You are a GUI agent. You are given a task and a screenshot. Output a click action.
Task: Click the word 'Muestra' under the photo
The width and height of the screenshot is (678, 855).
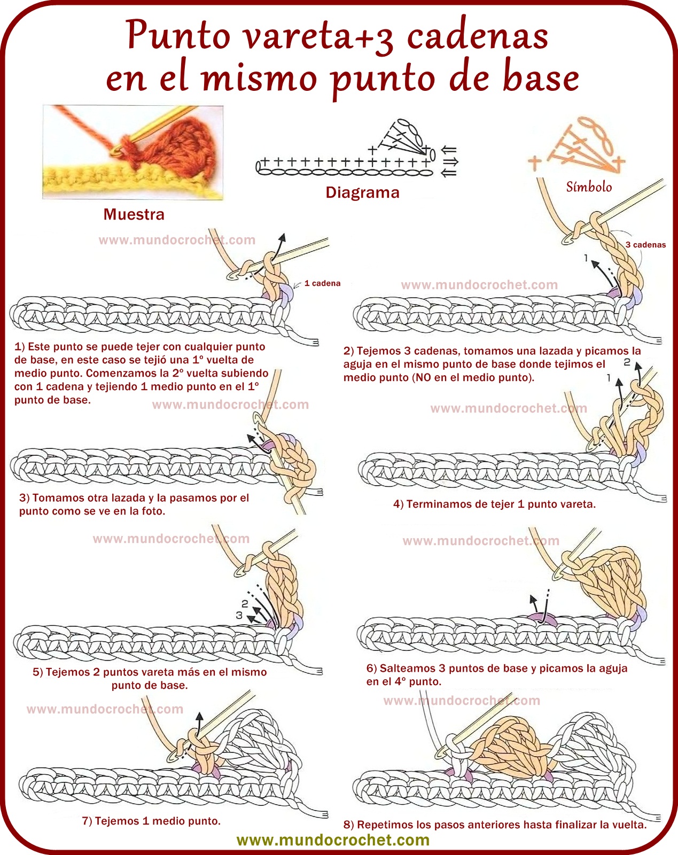[x=134, y=214]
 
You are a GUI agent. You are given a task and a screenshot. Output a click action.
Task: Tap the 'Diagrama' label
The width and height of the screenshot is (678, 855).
[x=362, y=192]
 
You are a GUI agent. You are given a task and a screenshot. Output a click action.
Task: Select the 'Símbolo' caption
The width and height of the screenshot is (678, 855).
[x=589, y=187]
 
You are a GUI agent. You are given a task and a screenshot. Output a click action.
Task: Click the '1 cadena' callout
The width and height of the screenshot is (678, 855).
[x=322, y=283]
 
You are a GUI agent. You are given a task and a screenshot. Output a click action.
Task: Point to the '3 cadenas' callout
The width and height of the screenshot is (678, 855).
[x=645, y=245]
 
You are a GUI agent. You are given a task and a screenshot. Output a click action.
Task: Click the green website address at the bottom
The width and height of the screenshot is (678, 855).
[x=333, y=840]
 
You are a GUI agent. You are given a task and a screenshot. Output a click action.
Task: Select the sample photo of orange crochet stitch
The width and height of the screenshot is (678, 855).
[x=133, y=152]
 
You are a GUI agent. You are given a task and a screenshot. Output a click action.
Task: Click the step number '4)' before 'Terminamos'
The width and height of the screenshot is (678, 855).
[x=399, y=504]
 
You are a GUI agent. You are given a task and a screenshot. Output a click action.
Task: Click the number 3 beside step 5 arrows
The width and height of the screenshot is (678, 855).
[x=239, y=615]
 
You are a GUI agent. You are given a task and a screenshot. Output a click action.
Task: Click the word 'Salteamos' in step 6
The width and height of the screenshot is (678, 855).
[x=408, y=668]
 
